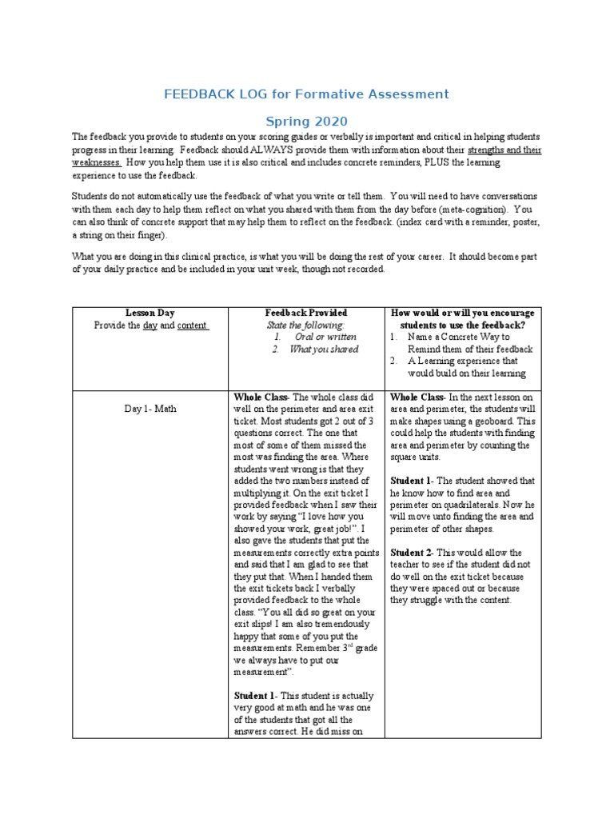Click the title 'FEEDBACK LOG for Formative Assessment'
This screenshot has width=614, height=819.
306,94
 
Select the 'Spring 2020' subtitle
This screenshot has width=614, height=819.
306,122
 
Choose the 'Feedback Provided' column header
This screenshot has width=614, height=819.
305,313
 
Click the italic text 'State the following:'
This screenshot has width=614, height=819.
305,325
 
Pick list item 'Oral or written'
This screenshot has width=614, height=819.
325,337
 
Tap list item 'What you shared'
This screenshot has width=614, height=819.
324,349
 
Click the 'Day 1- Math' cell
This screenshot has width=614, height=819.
150,409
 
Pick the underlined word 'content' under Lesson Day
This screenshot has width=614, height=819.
192,326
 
